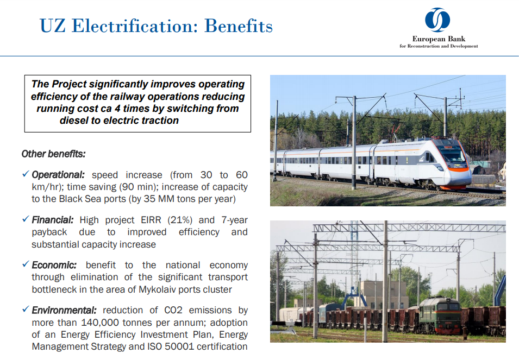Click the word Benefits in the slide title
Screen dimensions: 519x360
pyautogui.click(x=239, y=26)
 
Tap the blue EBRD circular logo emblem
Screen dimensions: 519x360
pyautogui.click(x=437, y=20)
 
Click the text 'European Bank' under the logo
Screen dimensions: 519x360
pyautogui.click(x=439, y=39)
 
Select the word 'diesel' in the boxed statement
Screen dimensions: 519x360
pyautogui.click(x=74, y=121)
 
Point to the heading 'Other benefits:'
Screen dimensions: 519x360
pyautogui.click(x=53, y=154)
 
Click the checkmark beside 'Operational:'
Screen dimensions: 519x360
pyautogui.click(x=26, y=174)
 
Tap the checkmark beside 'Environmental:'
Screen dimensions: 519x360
pyautogui.click(x=26, y=309)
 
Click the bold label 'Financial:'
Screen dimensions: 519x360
pyautogui.click(x=53, y=220)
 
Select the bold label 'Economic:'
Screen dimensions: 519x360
pyautogui.click(x=54, y=265)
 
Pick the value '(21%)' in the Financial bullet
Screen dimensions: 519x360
pyautogui.click(x=180, y=220)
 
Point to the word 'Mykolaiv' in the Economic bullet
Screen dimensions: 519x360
pyautogui.click(x=157, y=289)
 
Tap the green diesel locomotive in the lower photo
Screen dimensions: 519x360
pyautogui.click(x=440, y=315)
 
